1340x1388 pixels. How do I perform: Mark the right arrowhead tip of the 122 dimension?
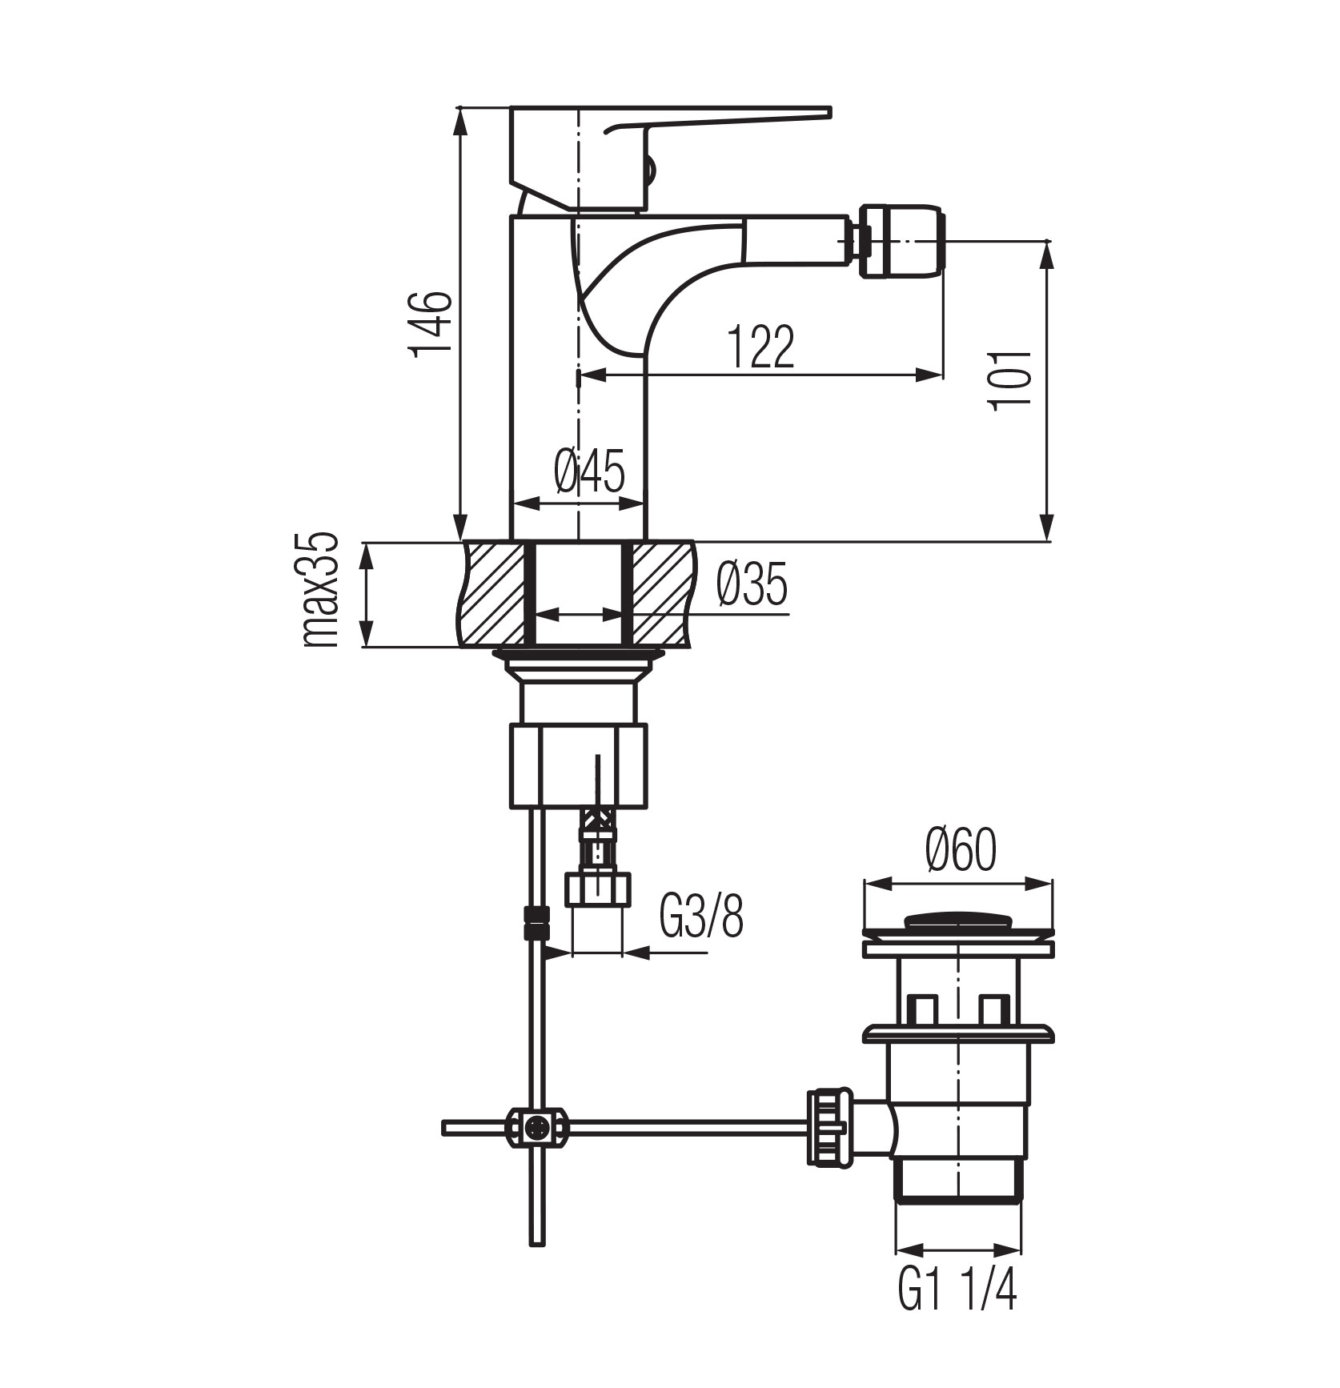pos(941,373)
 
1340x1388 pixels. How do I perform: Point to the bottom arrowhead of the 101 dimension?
pos(1046,532)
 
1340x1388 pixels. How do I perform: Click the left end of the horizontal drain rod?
pos(443,1128)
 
